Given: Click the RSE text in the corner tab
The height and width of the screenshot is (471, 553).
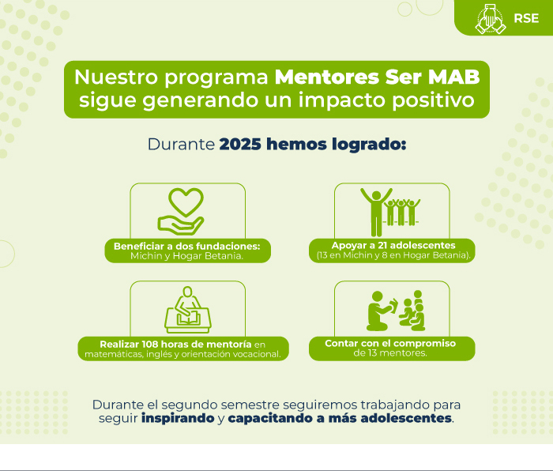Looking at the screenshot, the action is pos(526,18).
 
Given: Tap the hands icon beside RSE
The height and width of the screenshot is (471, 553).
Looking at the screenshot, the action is pos(491,19).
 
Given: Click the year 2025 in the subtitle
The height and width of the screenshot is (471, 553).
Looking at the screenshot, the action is pos(240,145).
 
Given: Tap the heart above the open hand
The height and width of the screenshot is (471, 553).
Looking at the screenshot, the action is pos(186,202).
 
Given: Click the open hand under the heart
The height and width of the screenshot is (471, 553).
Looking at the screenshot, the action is pos(181,226).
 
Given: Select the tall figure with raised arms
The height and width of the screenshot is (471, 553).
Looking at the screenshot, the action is pos(376,212).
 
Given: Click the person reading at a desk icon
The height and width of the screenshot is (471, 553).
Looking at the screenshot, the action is pos(188,310).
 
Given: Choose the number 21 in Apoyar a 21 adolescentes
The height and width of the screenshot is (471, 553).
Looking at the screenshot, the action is pos(382,245).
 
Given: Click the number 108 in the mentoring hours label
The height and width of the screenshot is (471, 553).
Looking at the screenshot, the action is pos(150,344).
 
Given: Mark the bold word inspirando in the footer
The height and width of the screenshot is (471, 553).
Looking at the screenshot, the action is pos(178,418).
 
